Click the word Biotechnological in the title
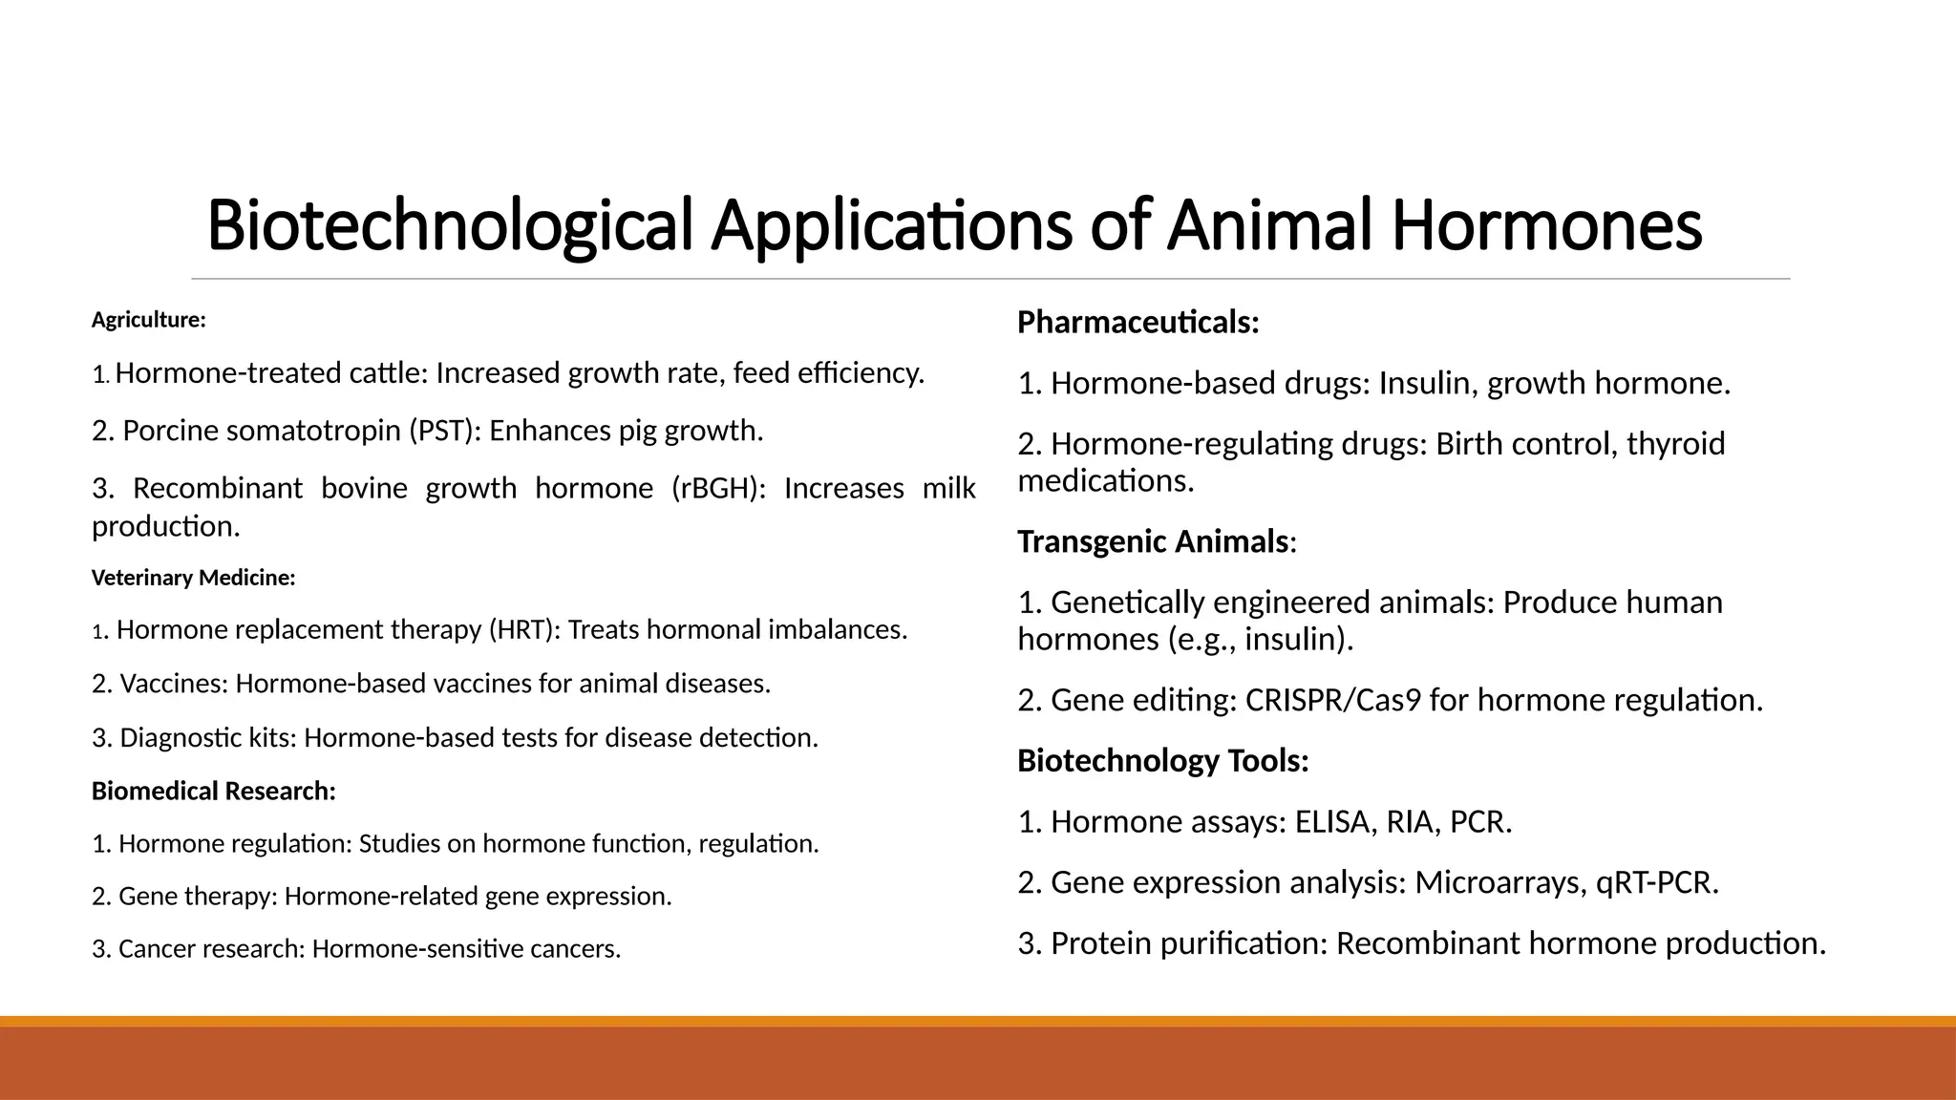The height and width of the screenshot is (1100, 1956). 449,226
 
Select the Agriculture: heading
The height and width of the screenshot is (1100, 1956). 148,320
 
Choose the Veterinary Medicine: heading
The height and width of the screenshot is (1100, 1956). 193,578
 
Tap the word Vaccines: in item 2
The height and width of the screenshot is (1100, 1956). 174,684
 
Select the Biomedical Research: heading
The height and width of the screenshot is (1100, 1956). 213,792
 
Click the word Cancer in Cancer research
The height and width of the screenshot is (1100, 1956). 153,949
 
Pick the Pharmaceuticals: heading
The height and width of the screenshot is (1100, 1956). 1137,323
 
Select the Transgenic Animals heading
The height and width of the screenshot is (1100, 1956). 1153,541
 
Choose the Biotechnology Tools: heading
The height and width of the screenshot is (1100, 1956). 1162,761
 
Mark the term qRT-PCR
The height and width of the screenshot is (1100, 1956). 1657,882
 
